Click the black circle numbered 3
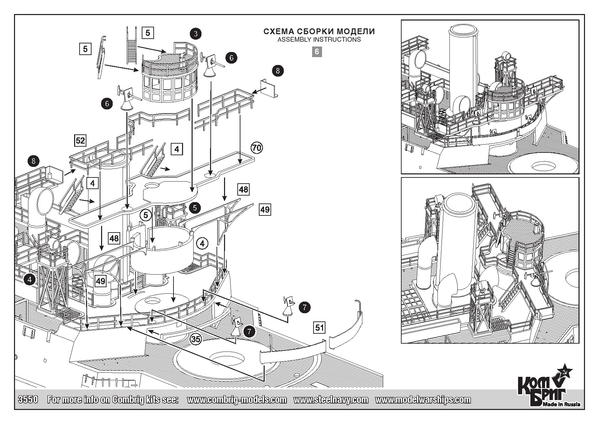click(x=195, y=34)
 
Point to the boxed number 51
click(x=319, y=328)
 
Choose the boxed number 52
click(x=80, y=141)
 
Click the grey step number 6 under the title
click(x=317, y=52)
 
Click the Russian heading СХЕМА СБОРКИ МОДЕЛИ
click(x=319, y=31)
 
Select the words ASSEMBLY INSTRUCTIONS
click(x=319, y=39)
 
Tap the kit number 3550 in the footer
click(x=27, y=399)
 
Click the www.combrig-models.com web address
click(x=237, y=399)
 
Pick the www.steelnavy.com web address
click(x=331, y=399)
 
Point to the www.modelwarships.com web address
click(x=423, y=399)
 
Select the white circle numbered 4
click(x=203, y=244)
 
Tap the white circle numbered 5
click(x=146, y=215)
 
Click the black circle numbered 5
click(x=195, y=208)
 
